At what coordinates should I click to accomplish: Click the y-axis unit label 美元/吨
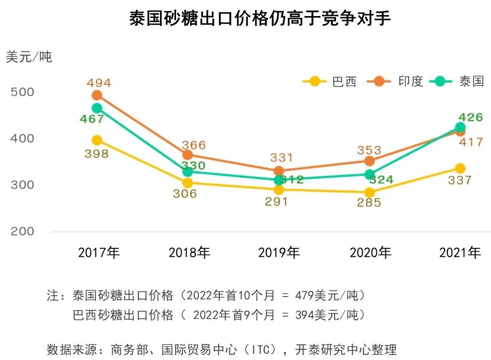29,57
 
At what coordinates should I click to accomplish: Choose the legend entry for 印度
397,81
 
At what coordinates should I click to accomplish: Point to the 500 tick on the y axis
23,92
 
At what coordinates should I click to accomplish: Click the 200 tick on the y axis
23,231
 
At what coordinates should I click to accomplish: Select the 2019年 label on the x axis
279,253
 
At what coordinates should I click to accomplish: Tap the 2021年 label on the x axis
460,253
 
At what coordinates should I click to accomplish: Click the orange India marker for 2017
97,96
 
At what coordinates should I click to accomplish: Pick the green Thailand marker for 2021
460,127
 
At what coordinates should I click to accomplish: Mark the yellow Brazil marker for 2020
369,193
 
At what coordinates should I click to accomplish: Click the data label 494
99,83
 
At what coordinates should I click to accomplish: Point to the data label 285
369,203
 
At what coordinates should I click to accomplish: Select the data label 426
471,118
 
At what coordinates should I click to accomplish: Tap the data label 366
194,145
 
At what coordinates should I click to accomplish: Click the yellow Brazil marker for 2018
187,183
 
